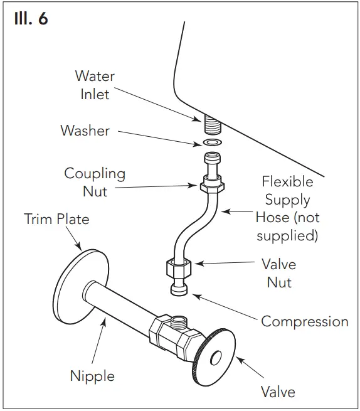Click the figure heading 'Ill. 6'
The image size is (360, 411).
point(30,18)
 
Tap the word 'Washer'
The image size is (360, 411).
point(85,131)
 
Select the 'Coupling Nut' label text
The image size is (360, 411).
point(95,182)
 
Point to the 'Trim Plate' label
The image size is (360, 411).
point(56,219)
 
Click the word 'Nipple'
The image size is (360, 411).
point(92,376)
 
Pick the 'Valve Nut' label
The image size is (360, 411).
point(279,273)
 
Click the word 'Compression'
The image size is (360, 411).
point(304,321)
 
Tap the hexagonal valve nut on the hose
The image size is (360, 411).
point(179,269)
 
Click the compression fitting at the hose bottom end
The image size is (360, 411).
point(179,289)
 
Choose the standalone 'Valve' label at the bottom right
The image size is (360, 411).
point(278,392)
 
